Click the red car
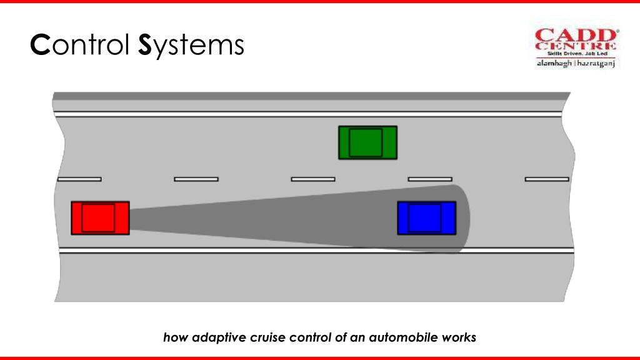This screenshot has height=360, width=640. pyautogui.click(x=101, y=218)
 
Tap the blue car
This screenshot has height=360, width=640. pyautogui.click(x=427, y=218)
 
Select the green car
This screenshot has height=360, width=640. pyautogui.click(x=367, y=142)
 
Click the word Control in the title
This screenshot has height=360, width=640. pyautogui.click(x=80, y=44)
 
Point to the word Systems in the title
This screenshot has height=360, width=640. pyautogui.click(x=191, y=46)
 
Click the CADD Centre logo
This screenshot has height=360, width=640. pyautogui.click(x=577, y=47)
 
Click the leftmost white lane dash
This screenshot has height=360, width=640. pyautogui.click(x=79, y=179)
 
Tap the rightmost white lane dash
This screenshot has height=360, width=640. pyautogui.click(x=547, y=179)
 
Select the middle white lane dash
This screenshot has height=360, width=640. pyautogui.click(x=313, y=179)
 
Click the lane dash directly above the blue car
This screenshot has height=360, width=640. pyautogui.click(x=430, y=179)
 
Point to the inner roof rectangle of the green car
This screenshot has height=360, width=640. pyautogui.click(x=366, y=142)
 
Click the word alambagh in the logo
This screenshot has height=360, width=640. pyautogui.click(x=554, y=63)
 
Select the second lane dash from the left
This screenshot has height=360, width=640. pyautogui.click(x=196, y=179)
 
